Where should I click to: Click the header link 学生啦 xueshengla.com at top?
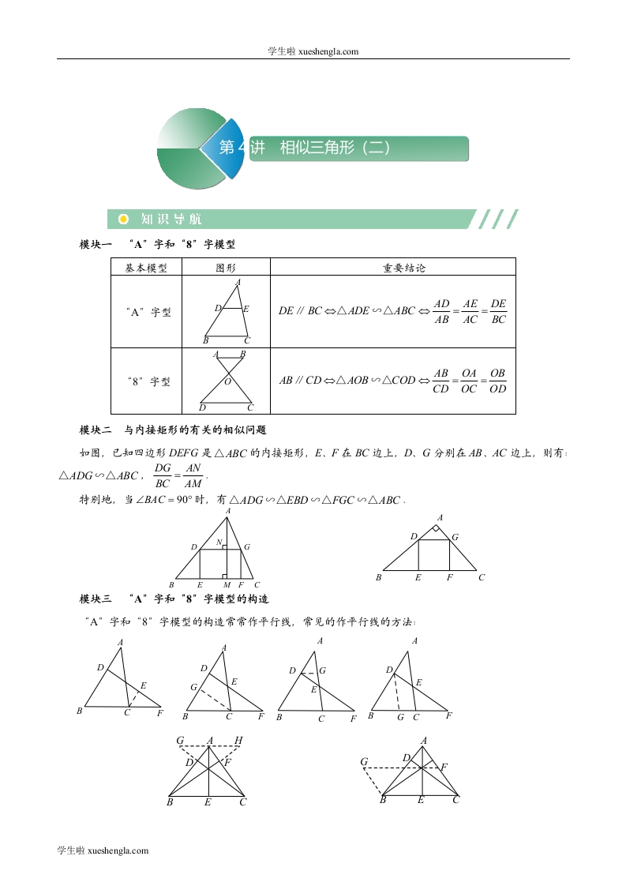tap(313, 51)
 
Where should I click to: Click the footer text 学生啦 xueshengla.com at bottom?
tap(103, 850)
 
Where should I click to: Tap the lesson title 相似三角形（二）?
tap(335, 148)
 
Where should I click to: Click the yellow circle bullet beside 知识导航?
tap(122, 219)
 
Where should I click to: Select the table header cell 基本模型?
tap(146, 268)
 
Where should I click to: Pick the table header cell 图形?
tap(226, 268)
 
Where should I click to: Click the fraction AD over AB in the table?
tap(441, 311)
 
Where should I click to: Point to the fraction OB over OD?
tap(497, 381)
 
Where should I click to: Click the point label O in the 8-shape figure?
tap(228, 382)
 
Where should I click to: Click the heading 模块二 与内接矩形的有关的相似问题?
tap(174, 430)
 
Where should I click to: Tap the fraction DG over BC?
tap(163, 475)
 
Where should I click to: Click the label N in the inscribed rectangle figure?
tap(219, 542)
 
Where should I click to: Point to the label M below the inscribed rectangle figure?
tap(227, 585)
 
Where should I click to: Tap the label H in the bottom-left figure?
tap(238, 741)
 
